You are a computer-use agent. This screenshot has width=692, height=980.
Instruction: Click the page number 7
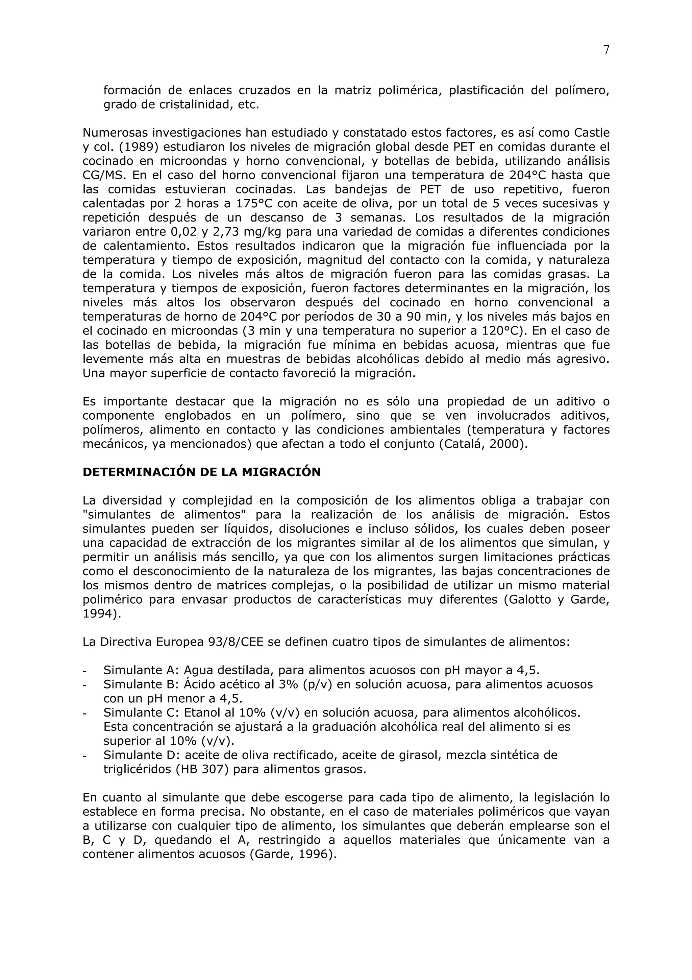pyautogui.click(x=606, y=50)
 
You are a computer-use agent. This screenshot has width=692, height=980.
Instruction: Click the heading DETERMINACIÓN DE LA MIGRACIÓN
pyautogui.click(x=201, y=472)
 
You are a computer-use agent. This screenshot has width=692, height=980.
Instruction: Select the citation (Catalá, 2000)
pyautogui.click(x=484, y=444)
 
